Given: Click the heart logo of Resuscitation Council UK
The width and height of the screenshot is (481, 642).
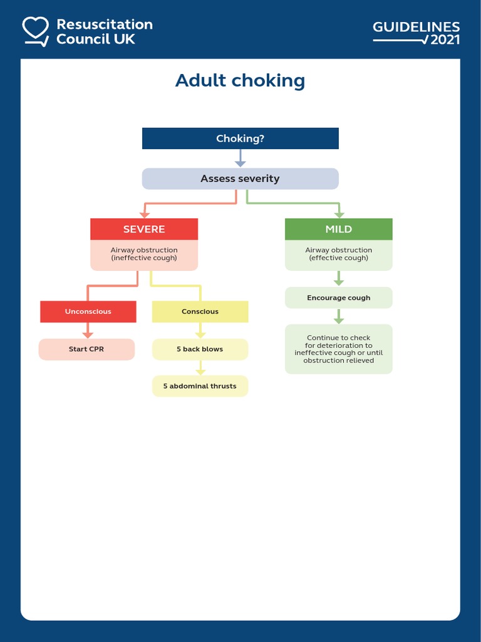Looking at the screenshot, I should pos(35,31).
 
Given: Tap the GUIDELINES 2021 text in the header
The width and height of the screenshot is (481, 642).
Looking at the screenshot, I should pos(416,33).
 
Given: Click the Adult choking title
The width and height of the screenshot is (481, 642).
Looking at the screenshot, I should pos(240,81).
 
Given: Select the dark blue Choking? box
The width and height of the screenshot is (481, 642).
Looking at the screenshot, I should pos(240,139).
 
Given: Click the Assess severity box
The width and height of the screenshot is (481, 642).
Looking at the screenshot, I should pos(240,179).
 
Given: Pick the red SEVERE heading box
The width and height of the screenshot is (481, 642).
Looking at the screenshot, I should pos(144,229).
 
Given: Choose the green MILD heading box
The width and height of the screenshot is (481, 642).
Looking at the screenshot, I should pos(338,229).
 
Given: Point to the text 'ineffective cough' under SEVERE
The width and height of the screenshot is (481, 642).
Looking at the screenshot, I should pos(144,258).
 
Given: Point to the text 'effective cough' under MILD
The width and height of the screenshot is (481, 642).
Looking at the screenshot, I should pos(338,258).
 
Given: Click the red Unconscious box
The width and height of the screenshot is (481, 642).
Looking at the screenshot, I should pos(88,312).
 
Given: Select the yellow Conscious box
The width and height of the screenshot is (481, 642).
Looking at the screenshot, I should pos(200,312).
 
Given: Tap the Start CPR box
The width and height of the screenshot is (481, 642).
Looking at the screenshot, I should pos(86,349).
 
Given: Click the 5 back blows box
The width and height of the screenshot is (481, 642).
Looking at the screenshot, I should pos(200,349).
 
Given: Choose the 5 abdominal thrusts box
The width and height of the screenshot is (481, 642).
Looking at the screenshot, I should pos(200,386).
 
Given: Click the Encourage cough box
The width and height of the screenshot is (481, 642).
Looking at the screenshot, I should pos(338,298).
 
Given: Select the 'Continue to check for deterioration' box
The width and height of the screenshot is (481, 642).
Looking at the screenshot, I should pos(338,349).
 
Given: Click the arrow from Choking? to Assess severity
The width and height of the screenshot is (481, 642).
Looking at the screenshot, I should pos(240,158).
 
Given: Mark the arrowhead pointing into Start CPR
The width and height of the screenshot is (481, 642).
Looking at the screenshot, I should pos(88,334).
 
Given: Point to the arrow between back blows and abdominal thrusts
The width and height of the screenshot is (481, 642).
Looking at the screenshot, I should pos(200,368).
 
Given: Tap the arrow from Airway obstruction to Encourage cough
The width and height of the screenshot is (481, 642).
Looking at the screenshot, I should pos(338,278).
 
